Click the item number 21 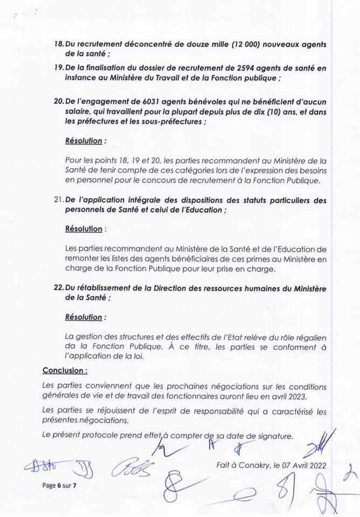click(x=59, y=200)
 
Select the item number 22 click(x=59, y=288)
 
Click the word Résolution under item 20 click(x=83, y=141)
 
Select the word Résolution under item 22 click(x=83, y=317)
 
